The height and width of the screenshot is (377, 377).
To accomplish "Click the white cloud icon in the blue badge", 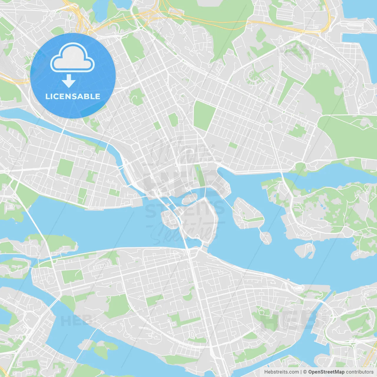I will tap(72, 58).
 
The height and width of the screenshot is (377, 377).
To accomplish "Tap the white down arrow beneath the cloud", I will tap(69, 81).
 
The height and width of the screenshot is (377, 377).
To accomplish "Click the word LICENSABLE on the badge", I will tap(73, 96).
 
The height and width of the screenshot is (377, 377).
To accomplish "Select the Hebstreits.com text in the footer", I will tap(281, 372).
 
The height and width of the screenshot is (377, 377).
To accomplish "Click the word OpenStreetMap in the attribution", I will tap(326, 372).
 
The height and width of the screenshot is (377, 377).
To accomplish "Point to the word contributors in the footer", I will tap(359, 372).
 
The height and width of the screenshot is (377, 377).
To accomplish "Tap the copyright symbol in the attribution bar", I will tap(305, 372).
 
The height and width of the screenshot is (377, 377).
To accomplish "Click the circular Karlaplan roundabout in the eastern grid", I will tap(268, 127).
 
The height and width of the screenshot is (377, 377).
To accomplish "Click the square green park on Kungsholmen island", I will tap(65, 167).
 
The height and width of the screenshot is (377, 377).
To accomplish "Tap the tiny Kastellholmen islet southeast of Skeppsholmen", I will tap(266, 237).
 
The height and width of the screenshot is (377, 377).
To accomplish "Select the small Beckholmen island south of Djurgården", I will tap(305, 250).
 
